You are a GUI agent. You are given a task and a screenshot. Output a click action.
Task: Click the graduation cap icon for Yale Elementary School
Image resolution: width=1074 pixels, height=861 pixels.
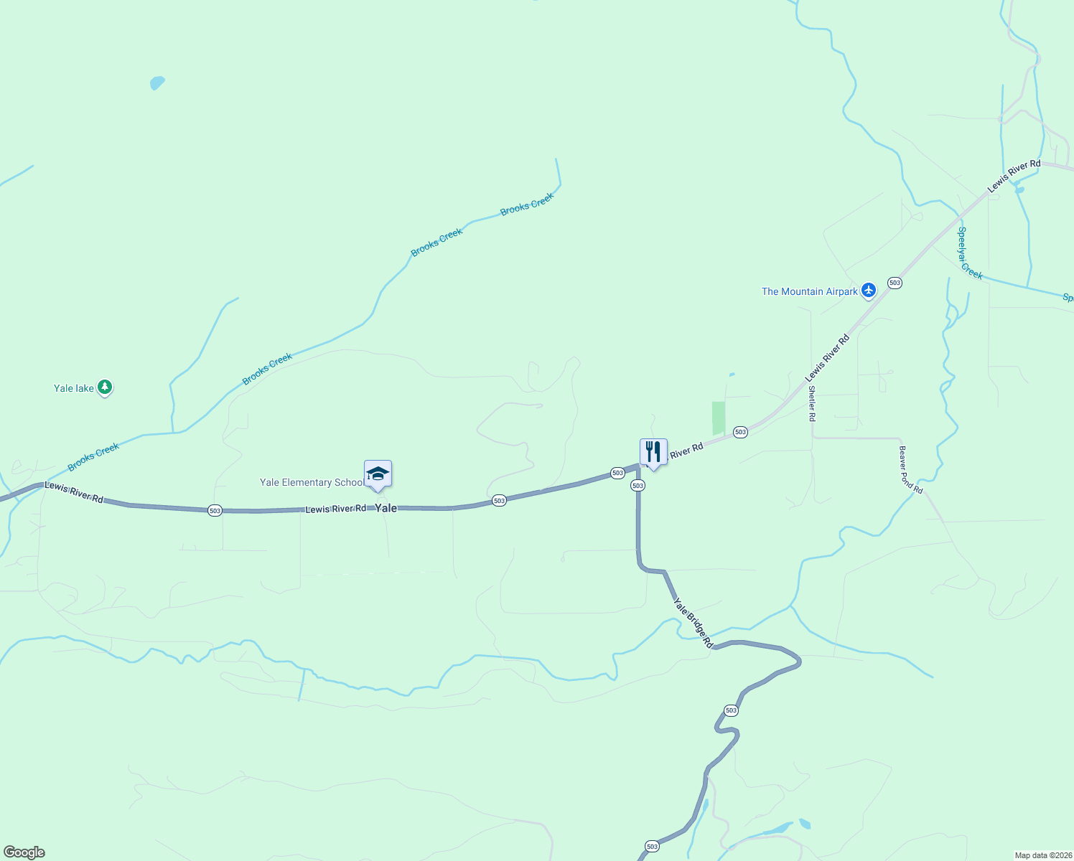tap(378, 474)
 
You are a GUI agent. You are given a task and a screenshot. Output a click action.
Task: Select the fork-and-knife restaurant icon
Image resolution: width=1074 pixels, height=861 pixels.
tap(653, 452)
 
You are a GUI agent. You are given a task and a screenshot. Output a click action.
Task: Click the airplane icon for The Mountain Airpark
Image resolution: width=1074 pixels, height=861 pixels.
tap(869, 291)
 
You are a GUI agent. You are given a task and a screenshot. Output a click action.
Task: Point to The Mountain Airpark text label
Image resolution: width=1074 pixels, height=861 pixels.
tap(809, 291)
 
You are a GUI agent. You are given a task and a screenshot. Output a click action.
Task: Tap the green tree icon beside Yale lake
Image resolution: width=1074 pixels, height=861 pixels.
tap(105, 387)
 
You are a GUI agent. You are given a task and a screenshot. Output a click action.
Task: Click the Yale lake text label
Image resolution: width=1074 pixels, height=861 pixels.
tap(73, 388)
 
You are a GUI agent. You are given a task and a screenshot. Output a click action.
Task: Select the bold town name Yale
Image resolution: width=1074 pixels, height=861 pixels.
tap(386, 508)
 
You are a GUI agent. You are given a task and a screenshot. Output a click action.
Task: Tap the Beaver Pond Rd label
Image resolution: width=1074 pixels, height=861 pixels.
tap(910, 469)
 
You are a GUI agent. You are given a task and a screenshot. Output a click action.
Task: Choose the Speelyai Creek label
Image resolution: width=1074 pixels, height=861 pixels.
tap(970, 253)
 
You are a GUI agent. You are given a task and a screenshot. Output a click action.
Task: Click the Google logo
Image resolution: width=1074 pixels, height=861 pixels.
tap(24, 852)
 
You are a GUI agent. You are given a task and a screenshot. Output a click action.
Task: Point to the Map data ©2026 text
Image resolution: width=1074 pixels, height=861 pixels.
tap(1043, 855)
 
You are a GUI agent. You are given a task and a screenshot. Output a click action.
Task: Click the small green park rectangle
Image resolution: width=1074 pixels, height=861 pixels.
tap(719, 418)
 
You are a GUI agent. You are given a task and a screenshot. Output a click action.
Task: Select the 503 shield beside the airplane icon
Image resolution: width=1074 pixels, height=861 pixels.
tap(895, 283)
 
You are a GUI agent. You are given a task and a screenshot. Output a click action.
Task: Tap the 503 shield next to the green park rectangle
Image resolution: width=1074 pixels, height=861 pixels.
tap(740, 432)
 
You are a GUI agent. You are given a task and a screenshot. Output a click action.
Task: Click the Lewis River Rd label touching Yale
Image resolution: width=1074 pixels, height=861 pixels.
tap(335, 509)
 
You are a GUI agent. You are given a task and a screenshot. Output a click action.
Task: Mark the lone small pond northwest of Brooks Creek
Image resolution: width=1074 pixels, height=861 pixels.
tap(157, 83)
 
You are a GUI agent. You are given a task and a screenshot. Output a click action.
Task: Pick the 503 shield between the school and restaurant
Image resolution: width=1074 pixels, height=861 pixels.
tap(499, 500)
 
